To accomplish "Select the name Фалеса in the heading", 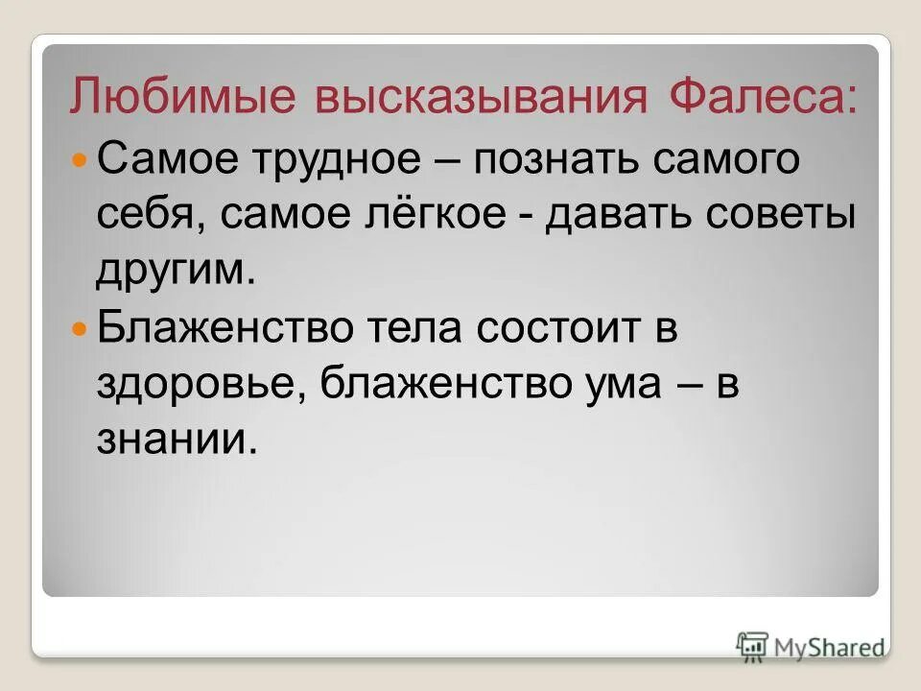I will click(759, 99).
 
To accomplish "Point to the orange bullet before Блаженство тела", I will click(81, 328).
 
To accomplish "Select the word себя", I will click(154, 215).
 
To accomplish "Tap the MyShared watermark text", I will click(829, 648).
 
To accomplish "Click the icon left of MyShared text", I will click(752, 646).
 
